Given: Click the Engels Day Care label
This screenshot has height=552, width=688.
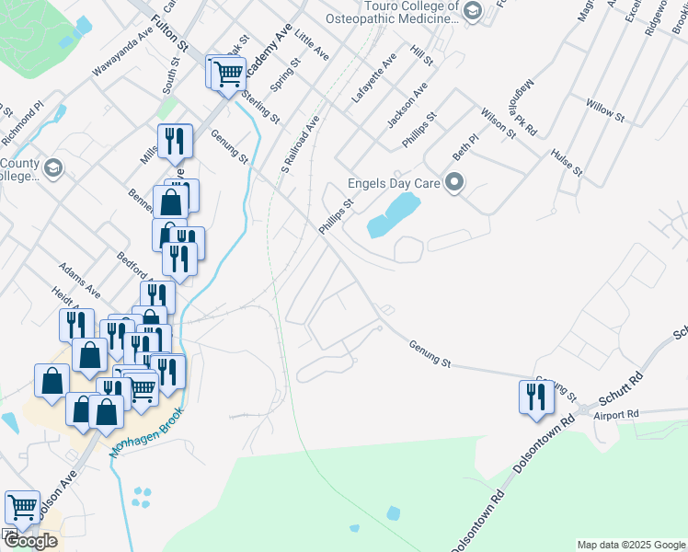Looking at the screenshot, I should (x=394, y=183).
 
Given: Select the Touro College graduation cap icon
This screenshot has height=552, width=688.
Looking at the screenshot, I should (x=473, y=11).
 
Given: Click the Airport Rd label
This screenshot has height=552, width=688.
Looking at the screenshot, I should (x=615, y=415).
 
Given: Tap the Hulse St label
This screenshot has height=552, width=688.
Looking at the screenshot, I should (x=567, y=163).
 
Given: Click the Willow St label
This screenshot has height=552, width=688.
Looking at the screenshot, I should (x=605, y=111).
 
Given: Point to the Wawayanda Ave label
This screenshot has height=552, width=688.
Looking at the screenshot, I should (x=121, y=57).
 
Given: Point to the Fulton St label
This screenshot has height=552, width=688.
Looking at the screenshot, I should (x=170, y=30).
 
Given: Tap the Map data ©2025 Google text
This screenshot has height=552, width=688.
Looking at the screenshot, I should (x=631, y=545).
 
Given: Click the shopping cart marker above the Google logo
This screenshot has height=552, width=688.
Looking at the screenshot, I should (x=22, y=507).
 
